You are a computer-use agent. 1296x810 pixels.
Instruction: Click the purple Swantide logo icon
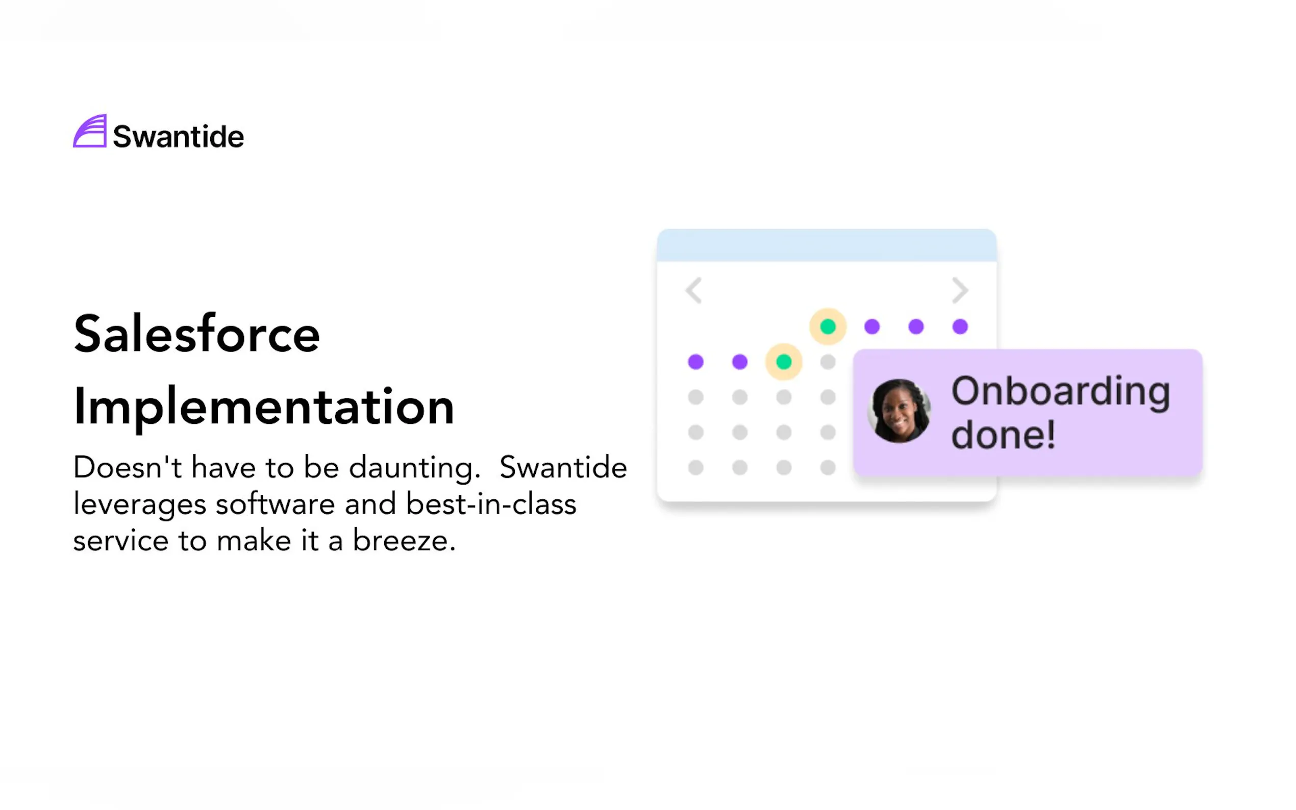click(x=89, y=131)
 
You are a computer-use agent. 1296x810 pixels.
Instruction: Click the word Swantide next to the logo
click(x=179, y=136)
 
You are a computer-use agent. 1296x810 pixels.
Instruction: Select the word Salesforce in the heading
click(x=196, y=334)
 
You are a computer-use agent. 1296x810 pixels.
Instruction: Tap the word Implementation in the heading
click(x=264, y=407)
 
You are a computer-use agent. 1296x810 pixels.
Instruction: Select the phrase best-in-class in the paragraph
click(x=491, y=503)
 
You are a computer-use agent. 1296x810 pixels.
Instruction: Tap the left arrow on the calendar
click(x=694, y=290)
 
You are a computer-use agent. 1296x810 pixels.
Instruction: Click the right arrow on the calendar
click(x=960, y=290)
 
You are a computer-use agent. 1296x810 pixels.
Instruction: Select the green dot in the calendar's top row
click(x=828, y=326)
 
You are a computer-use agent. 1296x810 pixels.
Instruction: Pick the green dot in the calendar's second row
click(x=784, y=362)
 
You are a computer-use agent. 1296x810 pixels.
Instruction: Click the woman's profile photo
click(x=899, y=412)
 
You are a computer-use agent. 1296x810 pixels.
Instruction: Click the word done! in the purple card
click(x=1003, y=435)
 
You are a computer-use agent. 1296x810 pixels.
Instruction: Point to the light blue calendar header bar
click(x=827, y=245)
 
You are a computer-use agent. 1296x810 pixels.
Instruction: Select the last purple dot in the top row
click(x=960, y=326)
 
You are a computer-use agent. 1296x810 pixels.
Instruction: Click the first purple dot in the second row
click(x=696, y=362)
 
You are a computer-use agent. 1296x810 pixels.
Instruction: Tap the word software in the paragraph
click(x=276, y=503)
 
